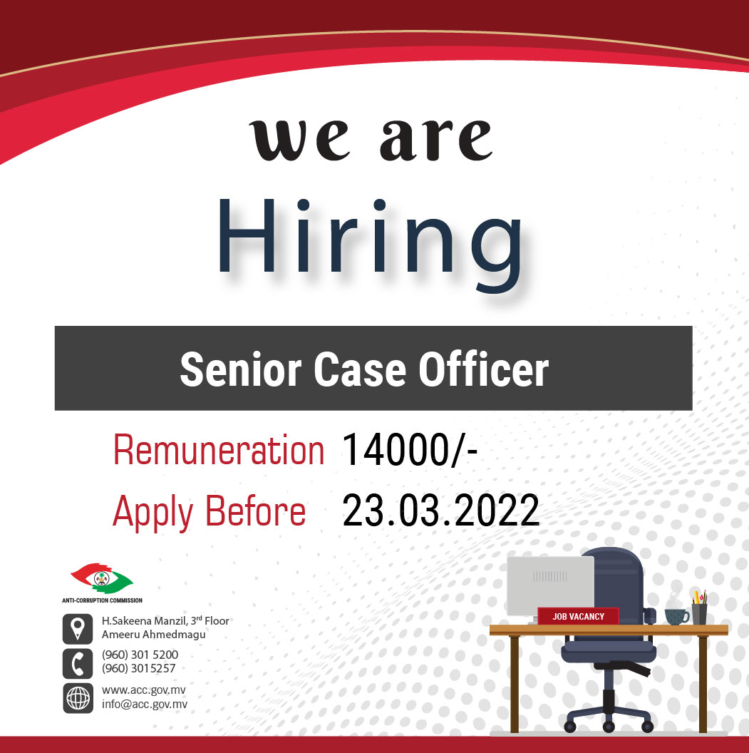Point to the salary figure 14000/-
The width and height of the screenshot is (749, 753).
pos(409,452)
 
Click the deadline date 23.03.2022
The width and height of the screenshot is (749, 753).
pos(440,511)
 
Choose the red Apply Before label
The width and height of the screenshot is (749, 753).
pos(210,511)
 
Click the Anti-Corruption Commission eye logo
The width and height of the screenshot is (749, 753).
pos(102,578)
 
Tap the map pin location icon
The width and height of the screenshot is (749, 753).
pos(78,627)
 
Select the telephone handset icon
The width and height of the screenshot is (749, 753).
pos(78,662)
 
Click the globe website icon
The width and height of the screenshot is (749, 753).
pos(78,697)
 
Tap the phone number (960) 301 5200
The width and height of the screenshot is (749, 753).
pos(140,655)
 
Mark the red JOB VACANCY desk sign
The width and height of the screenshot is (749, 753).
pos(578,616)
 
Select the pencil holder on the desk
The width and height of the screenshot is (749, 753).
pos(699,613)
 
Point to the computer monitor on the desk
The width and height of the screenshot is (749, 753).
pos(550,585)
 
